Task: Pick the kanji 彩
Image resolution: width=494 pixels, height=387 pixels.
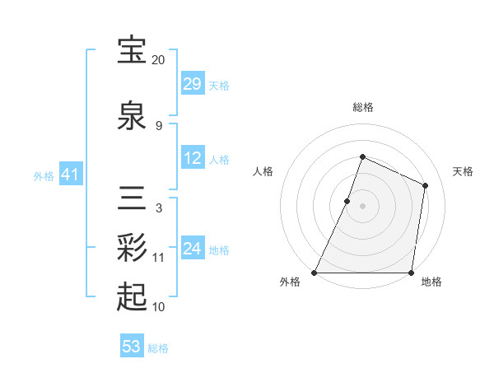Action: click(x=133, y=246)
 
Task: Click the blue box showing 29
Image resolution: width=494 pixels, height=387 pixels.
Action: click(x=193, y=84)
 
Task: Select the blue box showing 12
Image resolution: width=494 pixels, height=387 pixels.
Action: click(x=193, y=158)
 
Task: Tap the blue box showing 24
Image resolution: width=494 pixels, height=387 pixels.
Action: click(x=193, y=249)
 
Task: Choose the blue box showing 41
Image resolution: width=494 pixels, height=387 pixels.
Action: click(x=70, y=175)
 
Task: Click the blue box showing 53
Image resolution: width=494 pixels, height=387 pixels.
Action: click(x=132, y=347)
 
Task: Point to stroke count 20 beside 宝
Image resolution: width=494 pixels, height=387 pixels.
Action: click(x=158, y=60)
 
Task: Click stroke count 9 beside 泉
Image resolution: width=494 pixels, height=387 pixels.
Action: click(x=158, y=125)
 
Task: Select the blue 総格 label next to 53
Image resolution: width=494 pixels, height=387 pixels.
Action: click(x=158, y=348)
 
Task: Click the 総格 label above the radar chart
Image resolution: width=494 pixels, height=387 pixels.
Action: click(x=362, y=107)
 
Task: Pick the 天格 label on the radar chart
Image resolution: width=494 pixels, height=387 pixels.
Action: click(x=463, y=171)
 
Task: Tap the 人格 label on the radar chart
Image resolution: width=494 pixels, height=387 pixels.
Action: click(x=263, y=171)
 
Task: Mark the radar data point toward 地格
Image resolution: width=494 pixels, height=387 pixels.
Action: click(x=411, y=273)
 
